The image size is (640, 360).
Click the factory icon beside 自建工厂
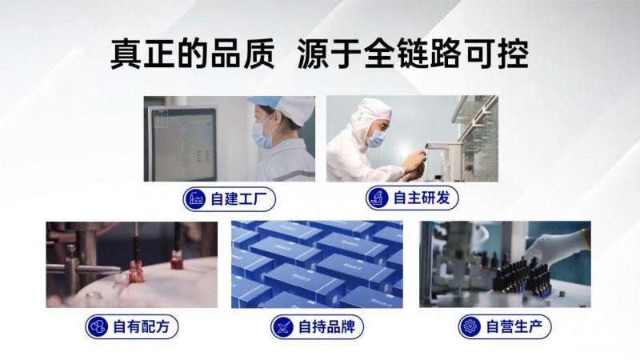tap(195, 199)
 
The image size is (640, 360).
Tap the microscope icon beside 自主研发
tap(378, 198)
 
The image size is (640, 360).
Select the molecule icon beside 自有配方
tap(98, 326)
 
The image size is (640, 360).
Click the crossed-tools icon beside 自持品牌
tap(283, 327)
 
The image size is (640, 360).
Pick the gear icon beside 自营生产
tap(470, 326)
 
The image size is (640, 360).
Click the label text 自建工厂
tap(238, 199)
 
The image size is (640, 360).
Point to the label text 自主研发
tap(422, 198)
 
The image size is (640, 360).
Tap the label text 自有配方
tap(142, 326)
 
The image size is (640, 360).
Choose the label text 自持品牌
tap(327, 327)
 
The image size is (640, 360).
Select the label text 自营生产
tap(514, 326)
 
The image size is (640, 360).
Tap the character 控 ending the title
tap(514, 54)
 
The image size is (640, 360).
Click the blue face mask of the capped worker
tap(262, 134)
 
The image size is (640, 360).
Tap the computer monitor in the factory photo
tap(182, 144)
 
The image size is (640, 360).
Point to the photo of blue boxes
tap(317, 265)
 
